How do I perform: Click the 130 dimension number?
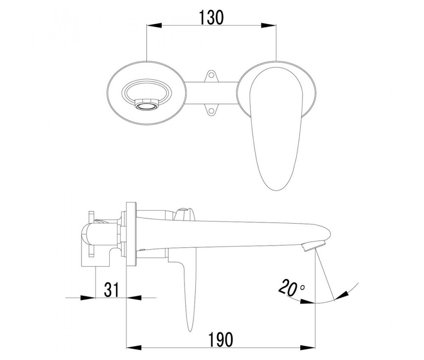212,17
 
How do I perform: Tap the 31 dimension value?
112,290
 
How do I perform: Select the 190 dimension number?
220,340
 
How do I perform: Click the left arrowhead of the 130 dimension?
154,26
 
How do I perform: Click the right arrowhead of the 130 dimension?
269,26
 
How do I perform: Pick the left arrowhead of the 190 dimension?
134,347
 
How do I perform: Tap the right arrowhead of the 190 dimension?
307,347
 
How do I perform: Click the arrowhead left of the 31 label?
88,298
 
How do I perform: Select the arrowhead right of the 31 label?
134,298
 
